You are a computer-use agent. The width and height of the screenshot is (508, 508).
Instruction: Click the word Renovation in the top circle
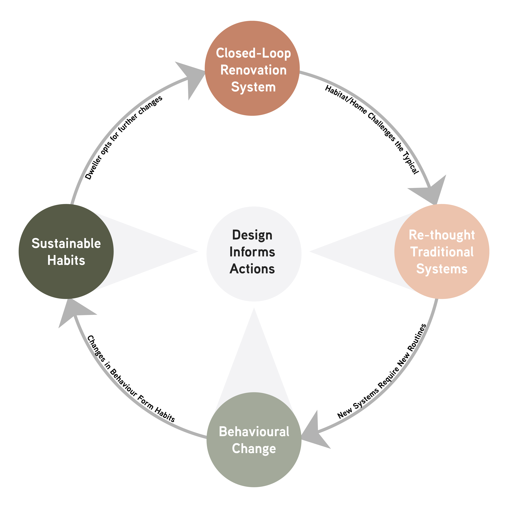click(x=253, y=70)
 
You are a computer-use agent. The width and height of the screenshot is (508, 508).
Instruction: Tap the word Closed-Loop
click(x=253, y=53)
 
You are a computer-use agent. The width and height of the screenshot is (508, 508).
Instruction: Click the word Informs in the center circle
click(x=252, y=252)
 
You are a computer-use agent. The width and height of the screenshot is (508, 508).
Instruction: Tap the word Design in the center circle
click(x=252, y=235)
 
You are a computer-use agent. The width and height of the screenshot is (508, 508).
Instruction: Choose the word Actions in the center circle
click(x=252, y=269)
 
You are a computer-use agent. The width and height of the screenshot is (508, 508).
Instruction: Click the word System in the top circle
click(x=253, y=87)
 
